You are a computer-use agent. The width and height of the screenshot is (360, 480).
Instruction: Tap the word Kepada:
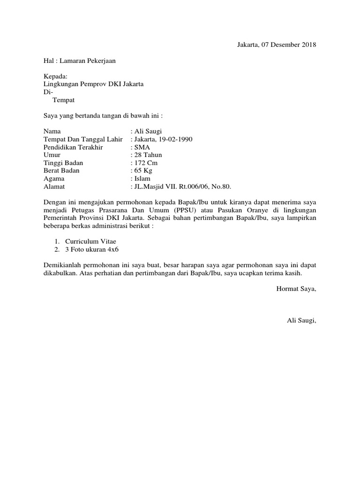coord(56,76)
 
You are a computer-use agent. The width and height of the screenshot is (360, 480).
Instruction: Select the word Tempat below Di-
coord(63,100)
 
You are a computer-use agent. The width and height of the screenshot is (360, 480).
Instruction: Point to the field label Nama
coord(52,131)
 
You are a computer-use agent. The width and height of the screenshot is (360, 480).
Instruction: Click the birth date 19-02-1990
coord(174,139)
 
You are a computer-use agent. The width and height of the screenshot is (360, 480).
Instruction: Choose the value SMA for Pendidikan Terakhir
coord(142,147)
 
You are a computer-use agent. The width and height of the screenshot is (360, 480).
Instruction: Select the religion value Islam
coord(143,179)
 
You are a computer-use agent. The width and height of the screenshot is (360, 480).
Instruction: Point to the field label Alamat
coord(53,187)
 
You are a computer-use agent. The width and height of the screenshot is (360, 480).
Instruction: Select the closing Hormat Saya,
coord(297,288)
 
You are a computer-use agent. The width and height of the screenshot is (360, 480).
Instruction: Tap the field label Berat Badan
coord(61,171)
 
